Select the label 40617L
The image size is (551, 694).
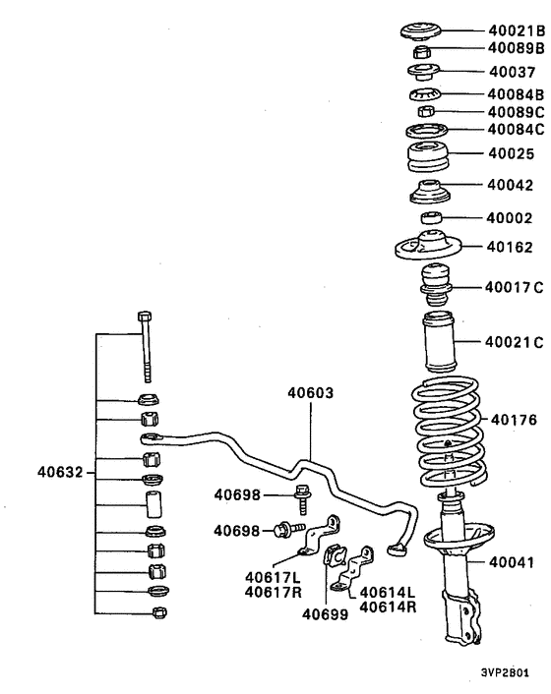tap(273, 575)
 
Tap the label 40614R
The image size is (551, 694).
tap(388, 607)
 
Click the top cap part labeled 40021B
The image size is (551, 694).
tap(428, 31)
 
